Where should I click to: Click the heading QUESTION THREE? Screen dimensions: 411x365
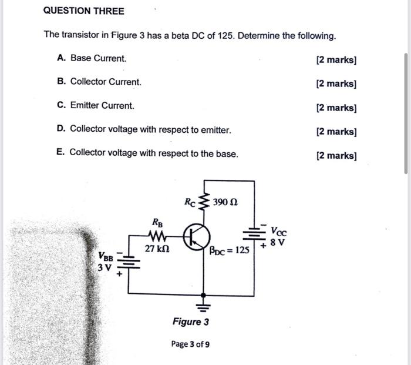[x=84, y=11]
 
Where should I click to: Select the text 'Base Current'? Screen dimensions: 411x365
[x=98, y=58]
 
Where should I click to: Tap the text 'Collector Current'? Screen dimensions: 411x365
[x=106, y=82]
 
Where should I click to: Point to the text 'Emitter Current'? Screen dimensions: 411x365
[x=102, y=106]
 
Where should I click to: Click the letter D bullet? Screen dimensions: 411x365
[x=61, y=129]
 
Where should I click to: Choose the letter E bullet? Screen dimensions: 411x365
[x=60, y=153]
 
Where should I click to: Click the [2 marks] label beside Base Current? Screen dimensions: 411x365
[x=336, y=59]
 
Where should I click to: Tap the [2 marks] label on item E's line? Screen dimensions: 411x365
[x=336, y=156]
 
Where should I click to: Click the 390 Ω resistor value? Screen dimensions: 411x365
[x=225, y=202]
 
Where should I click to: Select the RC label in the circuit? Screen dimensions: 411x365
[x=190, y=202]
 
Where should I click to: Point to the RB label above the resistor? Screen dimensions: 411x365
[x=158, y=223]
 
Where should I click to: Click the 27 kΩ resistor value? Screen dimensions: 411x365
[x=157, y=249]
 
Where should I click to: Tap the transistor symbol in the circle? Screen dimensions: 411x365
[x=196, y=237]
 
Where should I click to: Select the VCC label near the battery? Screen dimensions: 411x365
[x=278, y=232]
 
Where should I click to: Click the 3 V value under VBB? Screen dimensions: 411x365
[x=105, y=267]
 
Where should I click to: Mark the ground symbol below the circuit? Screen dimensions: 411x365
[x=204, y=305]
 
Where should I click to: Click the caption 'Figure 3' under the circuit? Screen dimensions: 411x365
[x=190, y=322]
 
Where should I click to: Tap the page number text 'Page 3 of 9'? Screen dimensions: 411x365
[x=190, y=344]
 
